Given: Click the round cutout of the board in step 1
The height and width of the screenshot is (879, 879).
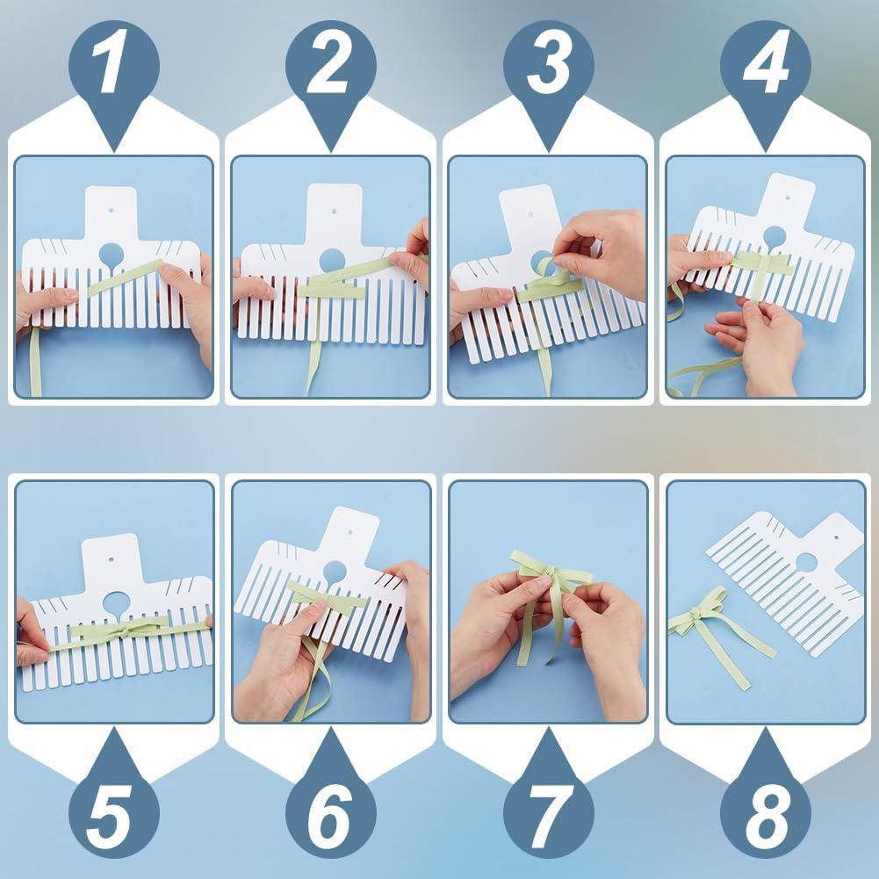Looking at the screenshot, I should [x=111, y=256].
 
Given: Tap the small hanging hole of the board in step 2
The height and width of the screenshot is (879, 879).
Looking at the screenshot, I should [x=334, y=211].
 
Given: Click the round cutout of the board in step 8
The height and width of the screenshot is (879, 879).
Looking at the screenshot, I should [x=805, y=563].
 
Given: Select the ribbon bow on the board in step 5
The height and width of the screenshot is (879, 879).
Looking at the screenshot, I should [x=123, y=627].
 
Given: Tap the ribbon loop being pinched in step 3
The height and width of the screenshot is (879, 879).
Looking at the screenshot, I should [x=549, y=268].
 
